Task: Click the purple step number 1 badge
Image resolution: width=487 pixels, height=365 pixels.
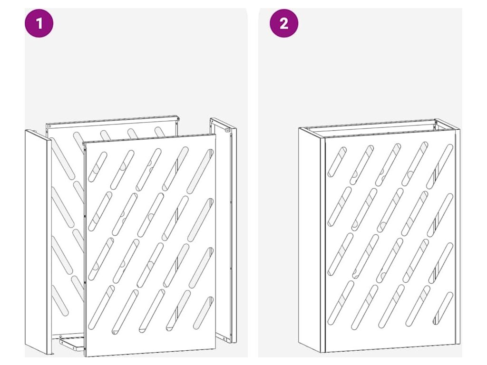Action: point(39,23)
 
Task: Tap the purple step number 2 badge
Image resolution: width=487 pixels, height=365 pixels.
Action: point(284,23)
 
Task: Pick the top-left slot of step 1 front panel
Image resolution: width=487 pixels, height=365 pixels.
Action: point(97,166)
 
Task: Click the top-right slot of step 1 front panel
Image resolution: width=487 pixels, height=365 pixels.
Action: point(200,171)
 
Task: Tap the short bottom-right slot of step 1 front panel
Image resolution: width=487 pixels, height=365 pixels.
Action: point(204,313)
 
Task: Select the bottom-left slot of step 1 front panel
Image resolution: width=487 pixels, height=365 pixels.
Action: point(101,307)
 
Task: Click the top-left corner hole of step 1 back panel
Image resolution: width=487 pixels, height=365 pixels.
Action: point(49,126)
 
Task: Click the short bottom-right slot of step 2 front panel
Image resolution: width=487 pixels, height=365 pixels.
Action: point(443,308)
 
